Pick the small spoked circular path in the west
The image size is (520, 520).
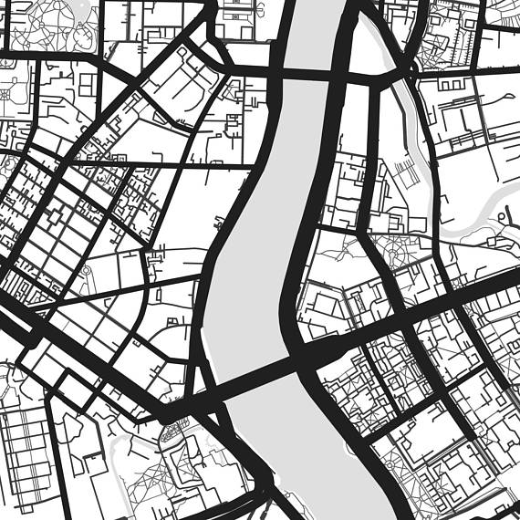click(x=87, y=271)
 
